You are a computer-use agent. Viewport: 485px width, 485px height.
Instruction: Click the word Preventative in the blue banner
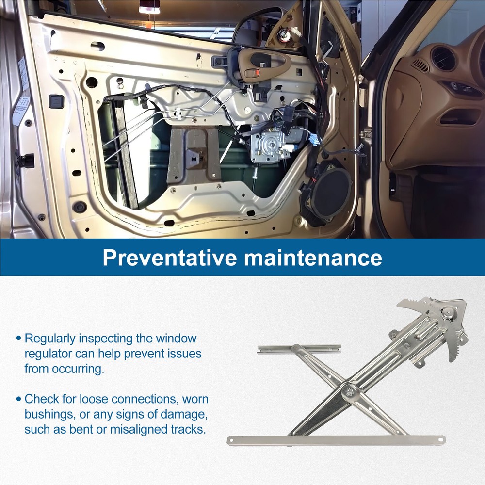point(169,258)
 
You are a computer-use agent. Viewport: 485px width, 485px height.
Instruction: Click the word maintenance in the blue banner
point(313,258)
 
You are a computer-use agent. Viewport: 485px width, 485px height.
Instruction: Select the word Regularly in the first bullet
point(50,339)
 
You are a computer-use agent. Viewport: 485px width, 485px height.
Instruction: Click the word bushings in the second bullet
point(50,415)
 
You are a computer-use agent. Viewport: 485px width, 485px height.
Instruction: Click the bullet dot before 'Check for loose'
point(19,399)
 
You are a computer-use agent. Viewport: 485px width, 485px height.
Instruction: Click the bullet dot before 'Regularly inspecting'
point(19,339)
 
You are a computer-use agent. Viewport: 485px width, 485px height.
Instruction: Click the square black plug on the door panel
point(56,101)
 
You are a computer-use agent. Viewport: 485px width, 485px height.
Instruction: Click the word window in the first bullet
point(176,339)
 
